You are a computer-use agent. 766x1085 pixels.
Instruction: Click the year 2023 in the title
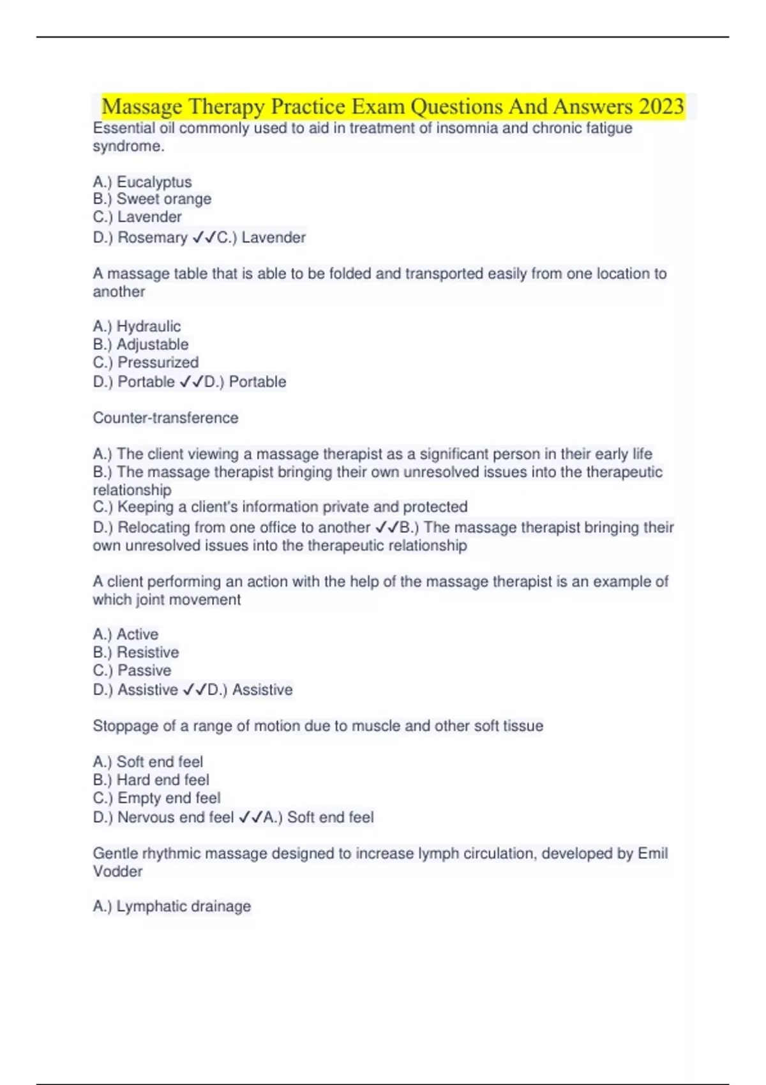[661, 107]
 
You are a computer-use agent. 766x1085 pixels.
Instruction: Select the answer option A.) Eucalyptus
[142, 182]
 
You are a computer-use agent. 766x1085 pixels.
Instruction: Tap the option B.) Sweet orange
[152, 199]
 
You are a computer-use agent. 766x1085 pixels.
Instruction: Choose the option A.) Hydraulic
[137, 327]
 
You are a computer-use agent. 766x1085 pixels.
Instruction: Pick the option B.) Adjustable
[140, 345]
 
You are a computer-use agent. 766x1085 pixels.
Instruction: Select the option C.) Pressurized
[146, 363]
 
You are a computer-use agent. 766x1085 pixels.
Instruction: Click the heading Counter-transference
[165, 418]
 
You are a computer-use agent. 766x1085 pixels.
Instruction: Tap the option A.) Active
[126, 634]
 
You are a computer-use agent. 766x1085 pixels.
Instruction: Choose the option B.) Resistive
[136, 652]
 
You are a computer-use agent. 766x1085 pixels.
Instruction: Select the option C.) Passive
[132, 670]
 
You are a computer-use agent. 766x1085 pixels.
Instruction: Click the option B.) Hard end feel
[151, 780]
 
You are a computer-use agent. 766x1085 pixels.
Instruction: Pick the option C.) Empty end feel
[156, 798]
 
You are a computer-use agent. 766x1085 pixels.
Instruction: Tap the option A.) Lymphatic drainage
[172, 906]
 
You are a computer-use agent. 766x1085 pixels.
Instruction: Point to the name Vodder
[117, 872]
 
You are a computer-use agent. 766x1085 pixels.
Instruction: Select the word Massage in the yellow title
[142, 107]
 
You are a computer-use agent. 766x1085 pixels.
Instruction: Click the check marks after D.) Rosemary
[204, 237]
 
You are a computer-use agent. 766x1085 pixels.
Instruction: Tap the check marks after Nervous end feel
[250, 817]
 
